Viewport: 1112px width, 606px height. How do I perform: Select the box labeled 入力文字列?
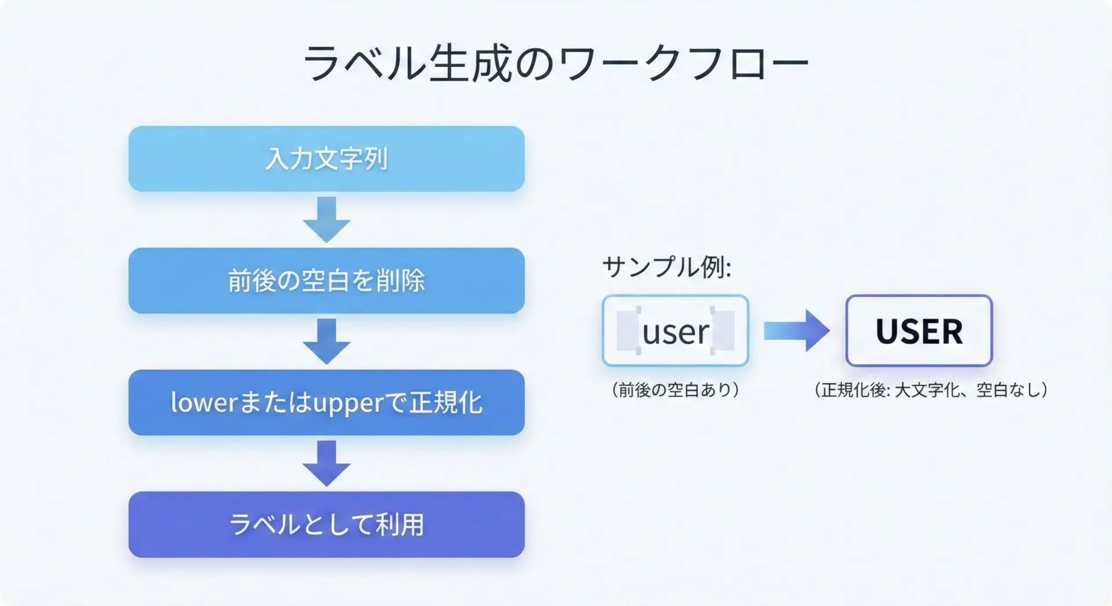pyautogui.click(x=326, y=159)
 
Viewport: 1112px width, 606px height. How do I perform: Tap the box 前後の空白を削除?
pyautogui.click(x=326, y=281)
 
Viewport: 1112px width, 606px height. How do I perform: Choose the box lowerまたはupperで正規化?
pyautogui.click(x=326, y=403)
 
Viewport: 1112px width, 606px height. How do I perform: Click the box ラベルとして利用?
pyautogui.click(x=326, y=524)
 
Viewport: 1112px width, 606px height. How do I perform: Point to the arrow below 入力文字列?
pyautogui.click(x=327, y=220)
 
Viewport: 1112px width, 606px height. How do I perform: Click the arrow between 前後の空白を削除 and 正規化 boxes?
pyautogui.click(x=327, y=341)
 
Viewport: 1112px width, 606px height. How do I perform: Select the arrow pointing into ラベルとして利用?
pyautogui.click(x=327, y=464)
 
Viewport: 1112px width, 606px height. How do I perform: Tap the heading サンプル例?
pyautogui.click(x=667, y=267)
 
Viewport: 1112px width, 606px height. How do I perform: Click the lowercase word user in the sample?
pyautogui.click(x=675, y=332)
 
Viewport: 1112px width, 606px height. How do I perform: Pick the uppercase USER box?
pyautogui.click(x=919, y=331)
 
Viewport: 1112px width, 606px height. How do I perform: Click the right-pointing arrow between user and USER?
pyautogui.click(x=797, y=331)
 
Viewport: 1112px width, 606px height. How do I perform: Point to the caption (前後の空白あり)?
pyautogui.click(x=675, y=390)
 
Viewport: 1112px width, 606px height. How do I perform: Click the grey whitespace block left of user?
pyautogui.click(x=627, y=331)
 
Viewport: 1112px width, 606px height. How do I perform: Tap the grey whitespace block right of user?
pyautogui.click(x=724, y=331)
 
